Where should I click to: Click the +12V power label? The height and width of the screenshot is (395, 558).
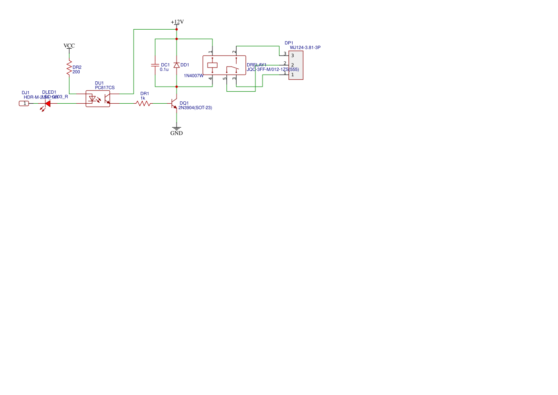(177, 22)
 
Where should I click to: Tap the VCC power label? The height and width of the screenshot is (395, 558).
(69, 46)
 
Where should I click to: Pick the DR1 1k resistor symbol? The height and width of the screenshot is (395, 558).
(144, 103)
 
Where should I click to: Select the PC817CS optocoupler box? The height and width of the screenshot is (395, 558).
(97, 99)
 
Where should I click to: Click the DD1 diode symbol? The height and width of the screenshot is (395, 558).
(177, 65)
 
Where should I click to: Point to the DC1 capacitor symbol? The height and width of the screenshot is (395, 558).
(155, 65)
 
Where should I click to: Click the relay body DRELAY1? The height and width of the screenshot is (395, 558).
(224, 65)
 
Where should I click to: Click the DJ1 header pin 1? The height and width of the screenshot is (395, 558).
(24, 103)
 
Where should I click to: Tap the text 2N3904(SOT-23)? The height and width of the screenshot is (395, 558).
(195, 108)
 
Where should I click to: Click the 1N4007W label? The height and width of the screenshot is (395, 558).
(194, 76)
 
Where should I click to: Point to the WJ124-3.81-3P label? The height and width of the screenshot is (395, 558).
(305, 47)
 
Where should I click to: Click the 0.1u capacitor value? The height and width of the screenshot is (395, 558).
(164, 70)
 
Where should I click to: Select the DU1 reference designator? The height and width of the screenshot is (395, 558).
(99, 83)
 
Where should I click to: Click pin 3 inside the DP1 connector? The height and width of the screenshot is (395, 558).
(292, 55)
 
